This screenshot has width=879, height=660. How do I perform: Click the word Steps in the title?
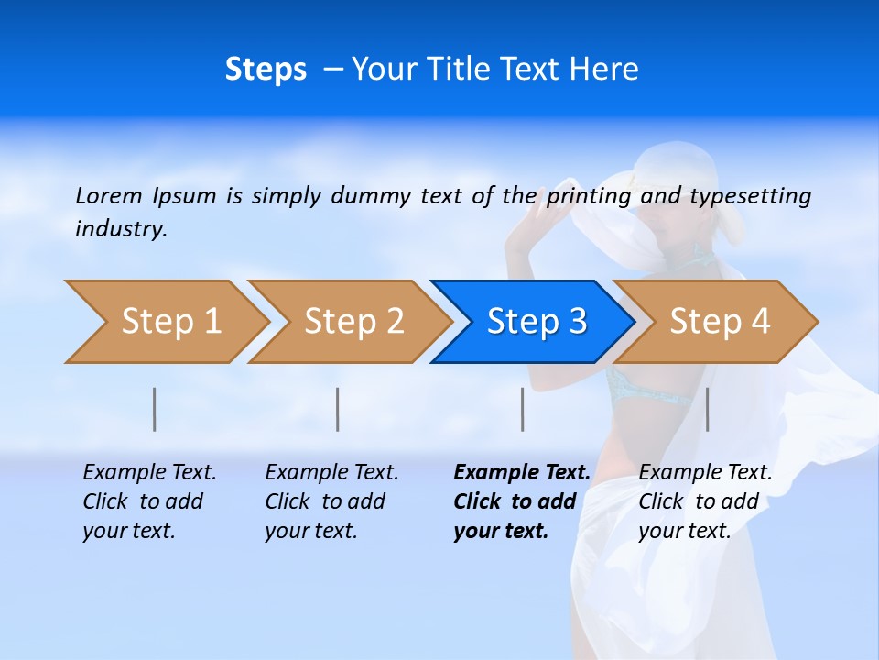[x=266, y=70]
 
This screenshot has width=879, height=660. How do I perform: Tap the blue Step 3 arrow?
[x=537, y=322]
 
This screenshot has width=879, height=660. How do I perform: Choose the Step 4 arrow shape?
[x=720, y=322]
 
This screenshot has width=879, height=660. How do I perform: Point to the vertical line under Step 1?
[x=155, y=409]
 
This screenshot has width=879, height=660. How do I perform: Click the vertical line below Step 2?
[x=338, y=409]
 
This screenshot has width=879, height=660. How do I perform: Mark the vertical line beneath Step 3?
[x=523, y=409]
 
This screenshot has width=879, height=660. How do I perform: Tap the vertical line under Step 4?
[x=708, y=409]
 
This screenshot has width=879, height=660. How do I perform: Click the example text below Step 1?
[x=149, y=501]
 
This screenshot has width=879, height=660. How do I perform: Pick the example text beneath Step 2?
[x=331, y=501]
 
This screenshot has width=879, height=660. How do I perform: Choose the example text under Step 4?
[x=705, y=501]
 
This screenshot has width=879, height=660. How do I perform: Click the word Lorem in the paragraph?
[x=109, y=195]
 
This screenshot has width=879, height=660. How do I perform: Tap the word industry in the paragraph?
[x=120, y=229]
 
